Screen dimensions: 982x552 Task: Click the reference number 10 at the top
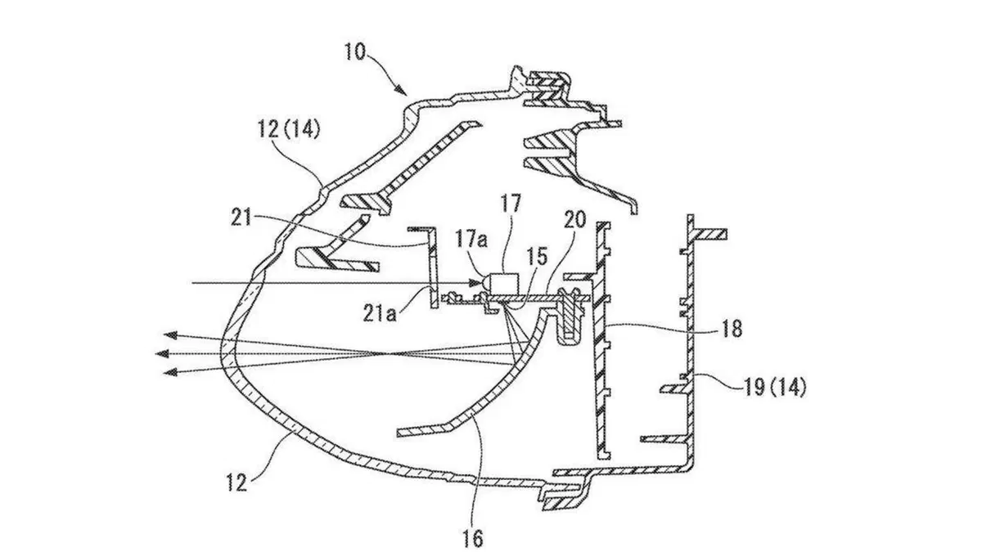[354, 52]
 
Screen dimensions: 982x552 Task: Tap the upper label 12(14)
[289, 129]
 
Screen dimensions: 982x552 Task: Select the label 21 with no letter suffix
[241, 218]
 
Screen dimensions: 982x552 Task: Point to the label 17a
[471, 240]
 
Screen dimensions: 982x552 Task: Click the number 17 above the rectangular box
[511, 204]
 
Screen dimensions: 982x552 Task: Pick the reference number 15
[538, 257]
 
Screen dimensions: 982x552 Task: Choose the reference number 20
[574, 219]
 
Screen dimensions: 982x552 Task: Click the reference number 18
[731, 328]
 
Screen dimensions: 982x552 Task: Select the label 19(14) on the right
[775, 388]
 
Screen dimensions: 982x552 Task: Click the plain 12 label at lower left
[236, 483]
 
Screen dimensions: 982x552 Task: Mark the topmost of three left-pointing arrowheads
[170, 335]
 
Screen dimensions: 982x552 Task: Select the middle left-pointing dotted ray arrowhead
[162, 353]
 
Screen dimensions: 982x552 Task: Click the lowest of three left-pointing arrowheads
[169, 372]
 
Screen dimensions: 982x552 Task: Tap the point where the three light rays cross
[385, 354]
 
